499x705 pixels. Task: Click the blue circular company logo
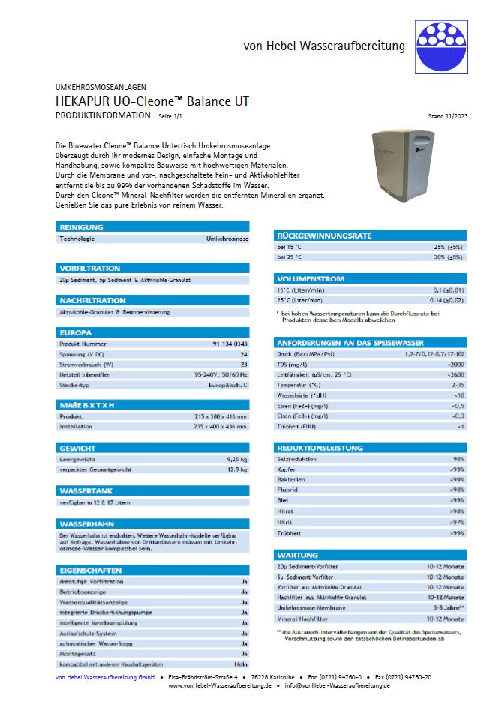442,44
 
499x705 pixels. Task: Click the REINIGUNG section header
77,227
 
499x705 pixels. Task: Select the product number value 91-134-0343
230,343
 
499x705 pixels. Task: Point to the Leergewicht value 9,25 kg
237,457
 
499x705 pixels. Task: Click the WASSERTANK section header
85,490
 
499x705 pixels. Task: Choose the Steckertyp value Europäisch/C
229,385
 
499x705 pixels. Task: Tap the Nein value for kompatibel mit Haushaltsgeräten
240,643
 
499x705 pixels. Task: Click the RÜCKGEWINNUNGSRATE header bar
324,235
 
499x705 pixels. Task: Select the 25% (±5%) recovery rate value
447,246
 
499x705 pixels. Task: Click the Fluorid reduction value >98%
455,490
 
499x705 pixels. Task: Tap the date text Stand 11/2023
447,117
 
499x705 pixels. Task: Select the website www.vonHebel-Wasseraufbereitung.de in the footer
220,686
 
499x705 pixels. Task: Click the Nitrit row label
285,521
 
